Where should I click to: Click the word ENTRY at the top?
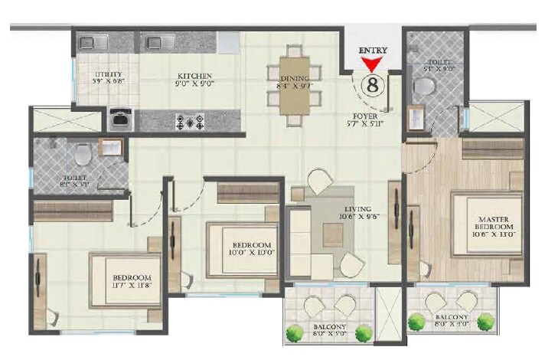(x=374, y=51)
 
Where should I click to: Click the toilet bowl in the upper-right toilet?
(x=421, y=87)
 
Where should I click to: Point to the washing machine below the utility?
(x=120, y=119)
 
